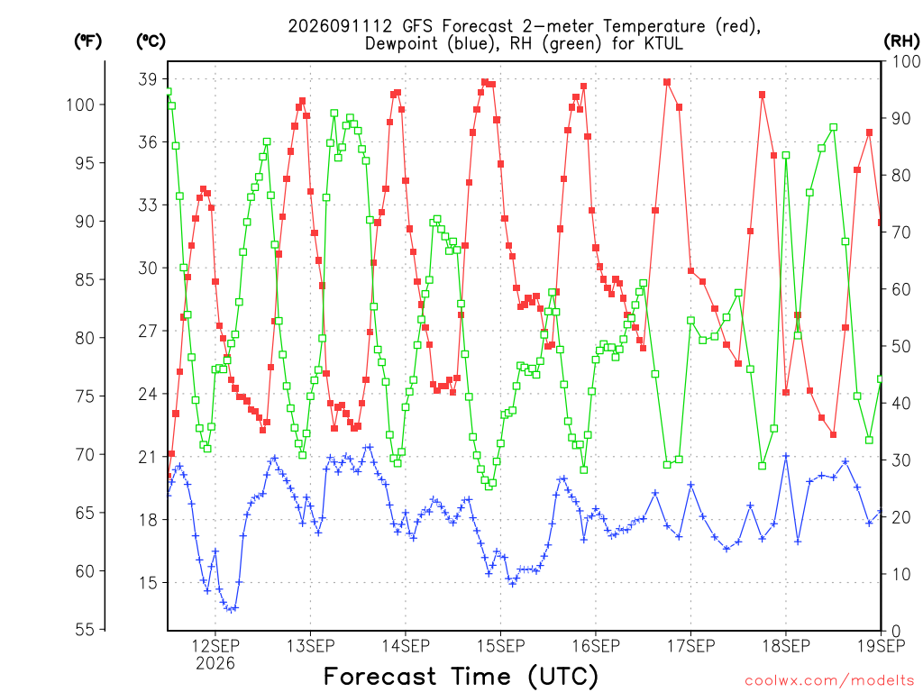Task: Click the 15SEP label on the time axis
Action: click(501, 646)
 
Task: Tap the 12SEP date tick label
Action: click(215, 646)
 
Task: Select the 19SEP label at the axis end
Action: click(882, 646)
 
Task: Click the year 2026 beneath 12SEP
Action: click(215, 664)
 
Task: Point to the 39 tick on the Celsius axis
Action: click(148, 79)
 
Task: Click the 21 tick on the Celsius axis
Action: click(148, 457)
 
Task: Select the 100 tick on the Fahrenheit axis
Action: click(80, 105)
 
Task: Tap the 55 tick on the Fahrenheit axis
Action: click(85, 630)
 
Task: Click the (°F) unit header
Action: click(87, 41)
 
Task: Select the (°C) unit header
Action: click(151, 41)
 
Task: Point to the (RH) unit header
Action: click(901, 41)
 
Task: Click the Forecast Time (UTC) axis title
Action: click(461, 677)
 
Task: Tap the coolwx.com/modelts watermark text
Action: click(829, 681)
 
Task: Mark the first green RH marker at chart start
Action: click(169, 92)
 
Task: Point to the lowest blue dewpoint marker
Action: click(232, 610)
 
